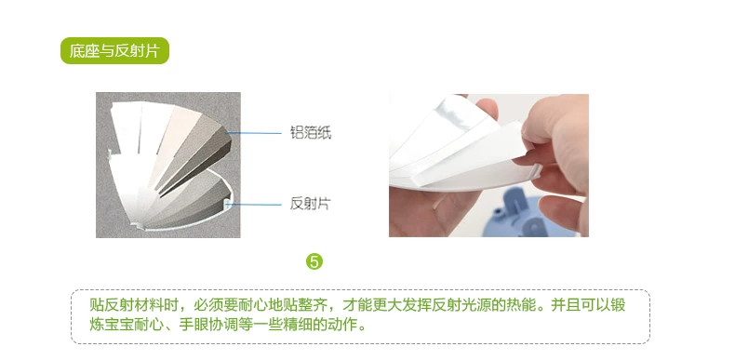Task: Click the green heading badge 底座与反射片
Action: [x=114, y=50]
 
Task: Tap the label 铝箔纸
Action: [x=311, y=133]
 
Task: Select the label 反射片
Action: [x=311, y=204]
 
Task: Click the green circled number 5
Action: [x=314, y=261]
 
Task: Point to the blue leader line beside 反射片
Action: [x=254, y=205]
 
